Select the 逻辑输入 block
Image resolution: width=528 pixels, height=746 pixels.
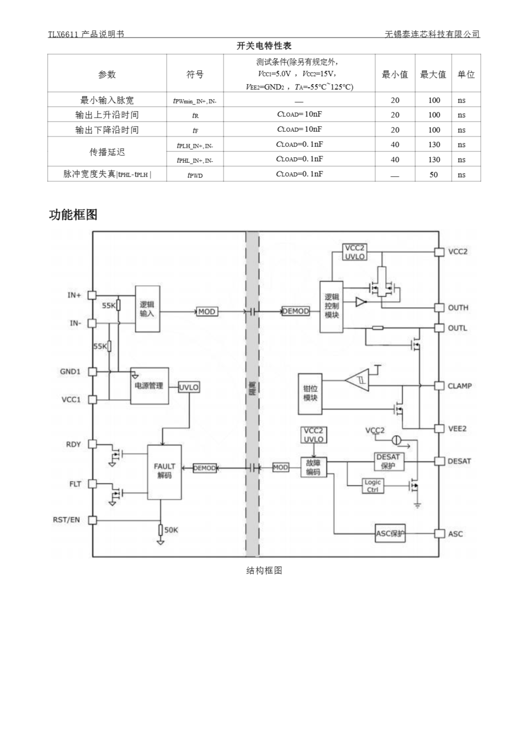pos(147,309)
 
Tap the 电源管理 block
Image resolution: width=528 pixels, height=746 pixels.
pos(149,386)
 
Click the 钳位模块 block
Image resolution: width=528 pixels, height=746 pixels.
pos(310,394)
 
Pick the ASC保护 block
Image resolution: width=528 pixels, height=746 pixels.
pos(390,533)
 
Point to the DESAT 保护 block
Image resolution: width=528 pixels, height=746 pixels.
pos(389,461)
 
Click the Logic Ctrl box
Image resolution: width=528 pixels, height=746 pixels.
pos(373,486)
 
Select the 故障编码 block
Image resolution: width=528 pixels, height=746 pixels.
pos(313,467)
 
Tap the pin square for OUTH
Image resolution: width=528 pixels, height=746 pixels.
pos(439,308)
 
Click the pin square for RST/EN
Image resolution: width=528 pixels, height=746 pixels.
pos(93,520)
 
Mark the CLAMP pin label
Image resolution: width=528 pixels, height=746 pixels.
pos(459,386)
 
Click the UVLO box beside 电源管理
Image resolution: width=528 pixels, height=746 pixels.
pos(189,387)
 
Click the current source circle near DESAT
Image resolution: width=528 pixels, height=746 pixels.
pos(396,440)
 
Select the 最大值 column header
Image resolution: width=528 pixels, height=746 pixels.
pos(433,74)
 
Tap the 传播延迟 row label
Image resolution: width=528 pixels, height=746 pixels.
pos(107,152)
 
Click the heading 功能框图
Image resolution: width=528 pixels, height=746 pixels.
pos(73,214)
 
